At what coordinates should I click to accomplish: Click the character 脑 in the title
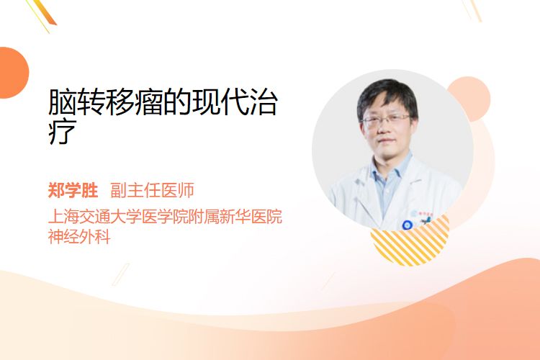[62, 102]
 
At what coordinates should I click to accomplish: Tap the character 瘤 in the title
[148, 102]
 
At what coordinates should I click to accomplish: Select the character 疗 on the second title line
[62, 132]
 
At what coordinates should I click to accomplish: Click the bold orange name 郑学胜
[73, 190]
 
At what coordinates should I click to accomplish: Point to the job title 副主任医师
[152, 190]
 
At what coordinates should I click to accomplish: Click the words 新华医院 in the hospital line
[251, 217]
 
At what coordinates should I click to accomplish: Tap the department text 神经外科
[79, 237]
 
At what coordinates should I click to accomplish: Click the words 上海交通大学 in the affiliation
[95, 217]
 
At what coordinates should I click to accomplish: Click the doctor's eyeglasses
[386, 120]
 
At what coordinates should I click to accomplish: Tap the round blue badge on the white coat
[407, 225]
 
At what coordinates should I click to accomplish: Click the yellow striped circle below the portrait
[410, 245]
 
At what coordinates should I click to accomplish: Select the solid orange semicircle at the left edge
[13, 73]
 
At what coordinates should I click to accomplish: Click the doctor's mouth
[387, 141]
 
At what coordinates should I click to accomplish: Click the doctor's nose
[385, 128]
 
